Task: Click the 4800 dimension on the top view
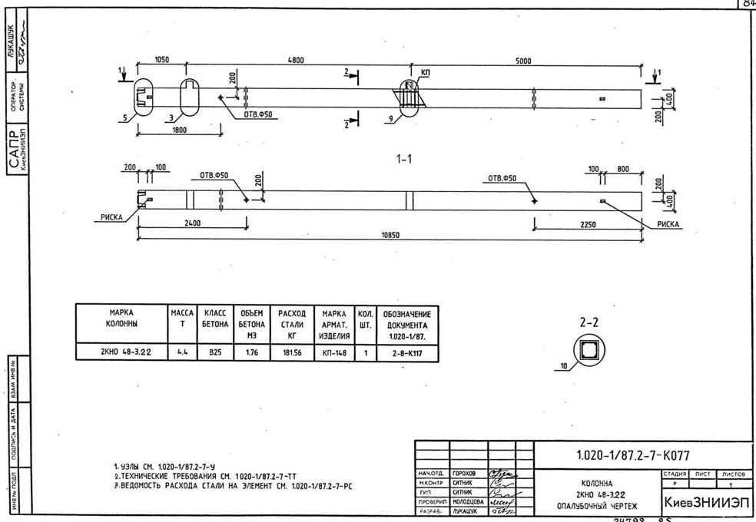295,60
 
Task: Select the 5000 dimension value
524,60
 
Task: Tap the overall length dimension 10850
391,235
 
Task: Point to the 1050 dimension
162,60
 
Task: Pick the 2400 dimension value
192,224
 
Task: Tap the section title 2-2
589,324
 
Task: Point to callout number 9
393,118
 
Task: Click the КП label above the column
426,71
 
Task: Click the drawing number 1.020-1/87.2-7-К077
627,455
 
